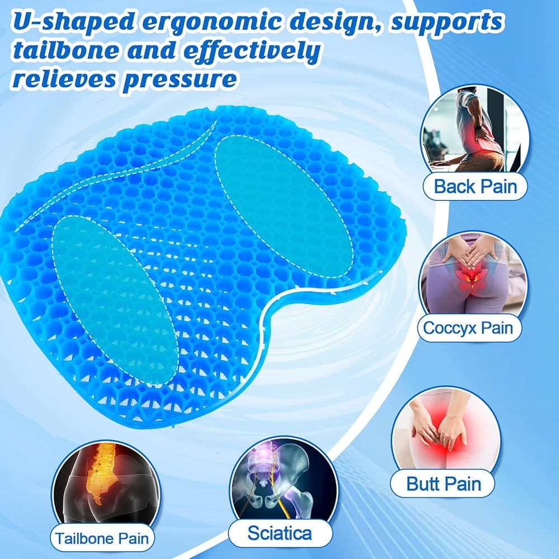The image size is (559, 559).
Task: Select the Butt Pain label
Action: tap(443, 484)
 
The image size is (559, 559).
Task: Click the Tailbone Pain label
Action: tap(102, 538)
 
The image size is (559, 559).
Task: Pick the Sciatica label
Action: tap(280, 533)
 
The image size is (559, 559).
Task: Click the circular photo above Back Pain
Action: tap(475, 132)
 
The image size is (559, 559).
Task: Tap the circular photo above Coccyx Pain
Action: tap(473, 275)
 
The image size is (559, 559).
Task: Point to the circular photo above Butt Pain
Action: tap(446, 432)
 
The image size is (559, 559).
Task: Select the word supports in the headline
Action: tap(447, 22)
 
